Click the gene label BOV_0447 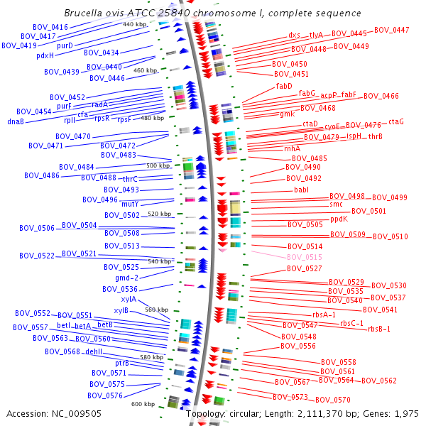(x=391, y=30)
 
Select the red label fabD (x=284, y=86)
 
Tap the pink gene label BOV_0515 (x=305, y=257)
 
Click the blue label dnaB (x=16, y=121)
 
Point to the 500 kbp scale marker (x=158, y=165)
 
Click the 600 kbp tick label (x=143, y=404)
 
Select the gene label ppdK (x=339, y=219)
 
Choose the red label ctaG (x=395, y=121)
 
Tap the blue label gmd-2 (x=126, y=278)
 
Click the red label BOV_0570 (x=333, y=400)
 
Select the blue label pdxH (x=45, y=55)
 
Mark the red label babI (x=302, y=190)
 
